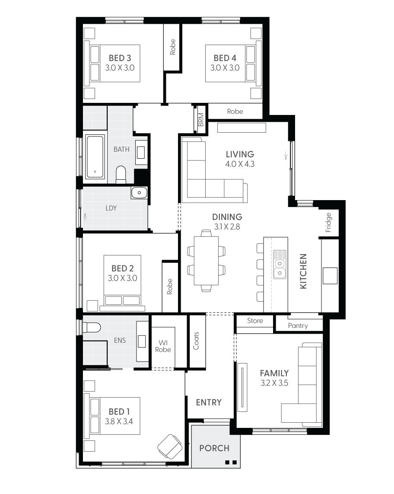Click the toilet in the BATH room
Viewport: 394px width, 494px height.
click(x=121, y=175)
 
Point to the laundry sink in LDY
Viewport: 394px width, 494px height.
click(x=139, y=193)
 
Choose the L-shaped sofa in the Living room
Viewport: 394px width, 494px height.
click(x=207, y=177)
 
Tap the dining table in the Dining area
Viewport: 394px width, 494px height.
click(x=206, y=261)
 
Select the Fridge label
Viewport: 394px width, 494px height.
click(x=328, y=222)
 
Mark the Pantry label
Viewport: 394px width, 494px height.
click(x=298, y=325)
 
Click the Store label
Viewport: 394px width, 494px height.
click(x=255, y=321)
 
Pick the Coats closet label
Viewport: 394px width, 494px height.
click(x=197, y=341)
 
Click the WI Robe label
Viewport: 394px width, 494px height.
click(x=163, y=346)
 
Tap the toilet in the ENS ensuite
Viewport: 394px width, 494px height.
click(x=92, y=328)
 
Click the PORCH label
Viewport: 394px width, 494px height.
click(x=214, y=448)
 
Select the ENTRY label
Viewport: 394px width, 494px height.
click(x=209, y=402)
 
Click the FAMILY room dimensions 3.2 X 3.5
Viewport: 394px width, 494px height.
click(x=274, y=383)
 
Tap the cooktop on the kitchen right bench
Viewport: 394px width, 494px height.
click(x=330, y=276)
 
